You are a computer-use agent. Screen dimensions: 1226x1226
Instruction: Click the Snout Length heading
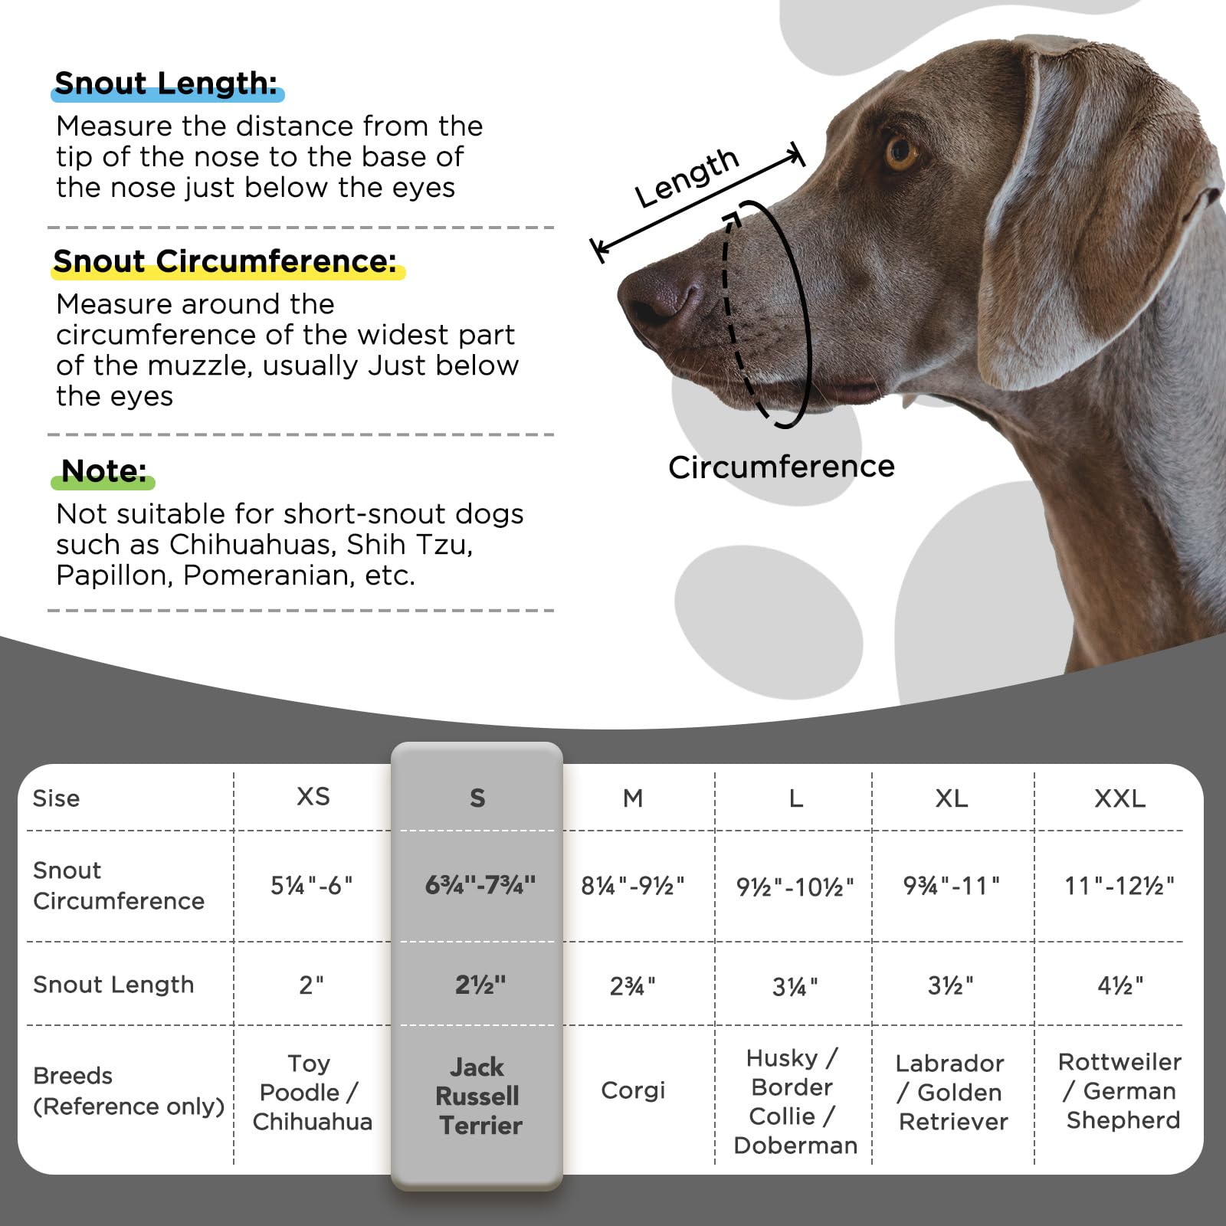[x=166, y=84]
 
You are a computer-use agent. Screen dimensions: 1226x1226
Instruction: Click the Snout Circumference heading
[x=225, y=262]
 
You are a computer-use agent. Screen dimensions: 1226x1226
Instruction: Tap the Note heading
[x=103, y=471]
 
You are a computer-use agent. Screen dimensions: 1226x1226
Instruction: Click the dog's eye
[x=901, y=152]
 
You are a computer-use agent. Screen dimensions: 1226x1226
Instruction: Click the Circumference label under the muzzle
[x=781, y=467]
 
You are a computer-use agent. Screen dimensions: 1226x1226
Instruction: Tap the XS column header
[x=313, y=797]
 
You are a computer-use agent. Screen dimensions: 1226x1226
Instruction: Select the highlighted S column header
[x=477, y=798]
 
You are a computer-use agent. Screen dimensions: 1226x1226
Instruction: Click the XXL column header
[x=1119, y=798]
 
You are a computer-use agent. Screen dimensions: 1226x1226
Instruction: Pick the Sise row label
[x=56, y=798]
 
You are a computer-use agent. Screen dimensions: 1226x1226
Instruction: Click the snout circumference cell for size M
[x=632, y=886]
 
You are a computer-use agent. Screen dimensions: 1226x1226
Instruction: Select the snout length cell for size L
[x=795, y=986]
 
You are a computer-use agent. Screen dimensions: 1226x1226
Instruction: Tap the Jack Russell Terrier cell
[x=478, y=1096]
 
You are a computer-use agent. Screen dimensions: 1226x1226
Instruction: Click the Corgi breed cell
[x=633, y=1090]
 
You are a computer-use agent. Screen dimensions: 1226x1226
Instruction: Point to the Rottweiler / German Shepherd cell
[x=1120, y=1091]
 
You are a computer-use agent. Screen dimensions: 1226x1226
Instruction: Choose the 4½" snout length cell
[x=1120, y=985]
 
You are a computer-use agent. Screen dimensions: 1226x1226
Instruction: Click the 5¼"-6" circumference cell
[x=311, y=886]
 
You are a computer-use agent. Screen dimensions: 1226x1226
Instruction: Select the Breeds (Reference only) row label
[x=128, y=1090]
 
